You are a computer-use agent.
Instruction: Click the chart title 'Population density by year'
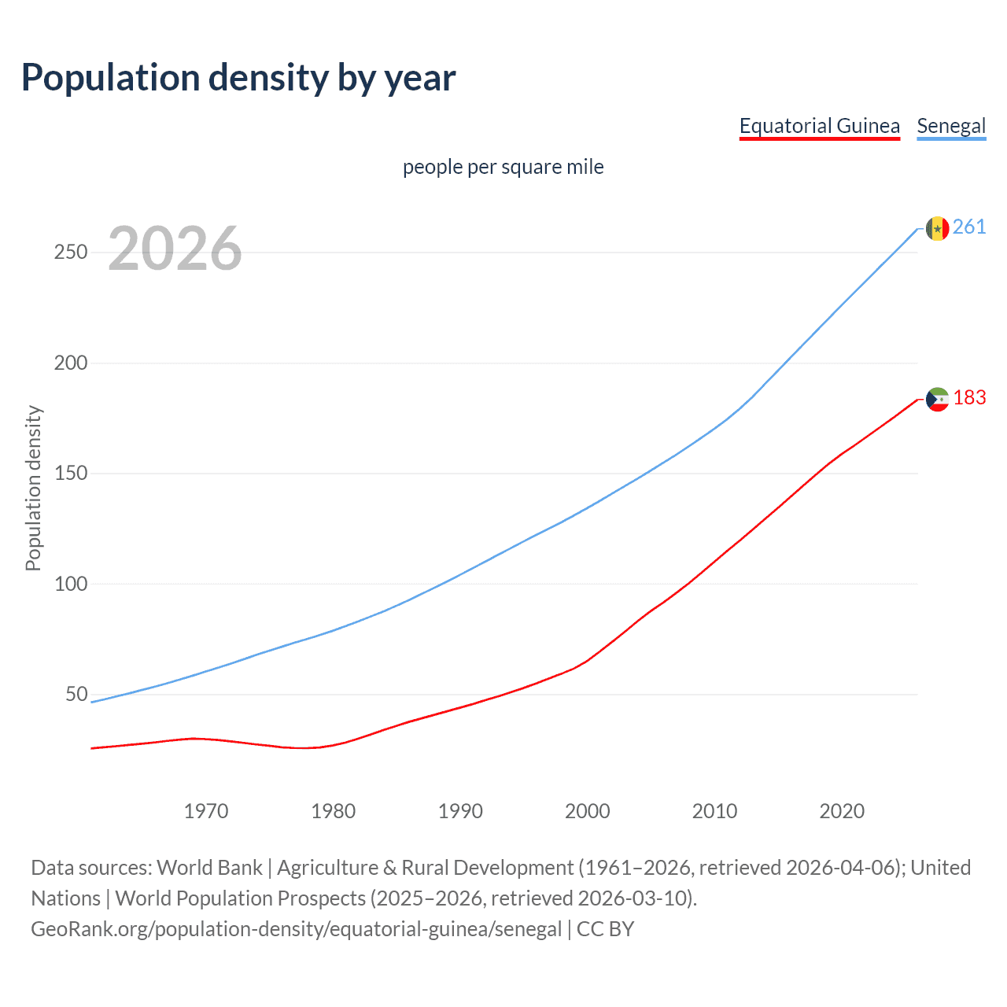point(238,78)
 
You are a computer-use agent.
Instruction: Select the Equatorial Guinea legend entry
point(819,126)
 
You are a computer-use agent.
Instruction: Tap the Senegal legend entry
point(951,126)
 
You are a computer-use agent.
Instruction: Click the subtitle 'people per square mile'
point(503,167)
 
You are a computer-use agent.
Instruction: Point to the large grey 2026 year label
point(175,249)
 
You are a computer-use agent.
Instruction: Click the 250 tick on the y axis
point(71,253)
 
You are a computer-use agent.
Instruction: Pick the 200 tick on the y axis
point(71,363)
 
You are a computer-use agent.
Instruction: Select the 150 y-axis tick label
point(71,474)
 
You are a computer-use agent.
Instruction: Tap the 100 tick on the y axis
point(71,584)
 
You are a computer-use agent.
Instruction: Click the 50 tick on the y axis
point(76,694)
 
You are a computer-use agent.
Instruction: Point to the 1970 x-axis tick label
point(206,811)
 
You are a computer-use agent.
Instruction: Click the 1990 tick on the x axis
point(460,811)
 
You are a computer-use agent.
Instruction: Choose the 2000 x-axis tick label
point(588,811)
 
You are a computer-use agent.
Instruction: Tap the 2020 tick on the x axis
point(842,811)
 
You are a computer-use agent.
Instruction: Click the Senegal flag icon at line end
point(937,228)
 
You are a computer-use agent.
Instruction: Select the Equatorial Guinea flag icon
point(937,399)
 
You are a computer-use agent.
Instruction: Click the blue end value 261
point(969,227)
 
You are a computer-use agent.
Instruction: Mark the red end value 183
point(969,398)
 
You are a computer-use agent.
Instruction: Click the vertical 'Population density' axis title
point(33,488)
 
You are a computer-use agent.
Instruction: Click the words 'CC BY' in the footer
point(605,929)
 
